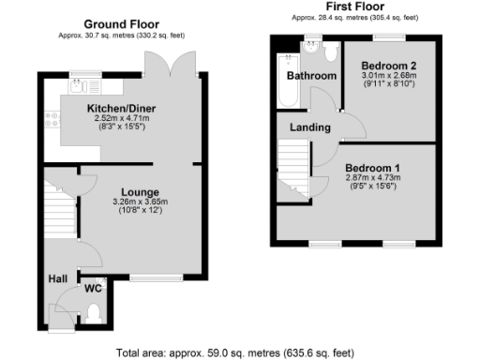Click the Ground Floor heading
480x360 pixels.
point(121,23)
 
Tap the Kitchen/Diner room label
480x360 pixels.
point(121,110)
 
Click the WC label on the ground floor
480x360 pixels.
point(93,288)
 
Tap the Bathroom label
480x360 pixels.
point(311,76)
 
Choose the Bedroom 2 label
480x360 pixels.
point(387,65)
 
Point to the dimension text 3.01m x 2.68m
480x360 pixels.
point(387,75)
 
